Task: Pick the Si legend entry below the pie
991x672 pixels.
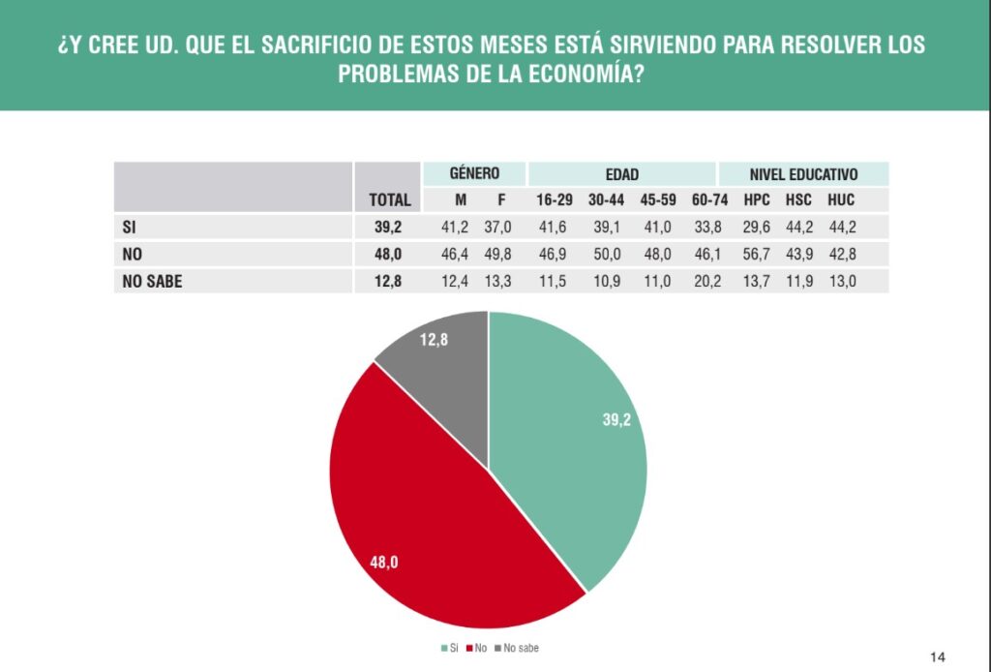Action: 449,647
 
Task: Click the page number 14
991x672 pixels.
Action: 937,655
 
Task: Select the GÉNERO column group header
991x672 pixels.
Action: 474,174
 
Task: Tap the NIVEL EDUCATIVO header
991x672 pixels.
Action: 803,174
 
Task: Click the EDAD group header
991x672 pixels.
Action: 621,174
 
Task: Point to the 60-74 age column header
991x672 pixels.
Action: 709,200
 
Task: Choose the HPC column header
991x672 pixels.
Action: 757,200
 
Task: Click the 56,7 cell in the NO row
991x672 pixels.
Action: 757,255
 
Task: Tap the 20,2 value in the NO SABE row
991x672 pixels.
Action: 709,282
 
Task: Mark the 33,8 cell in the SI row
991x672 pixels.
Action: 709,228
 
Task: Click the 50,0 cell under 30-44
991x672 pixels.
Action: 606,255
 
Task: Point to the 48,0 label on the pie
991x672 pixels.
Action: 384,562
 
